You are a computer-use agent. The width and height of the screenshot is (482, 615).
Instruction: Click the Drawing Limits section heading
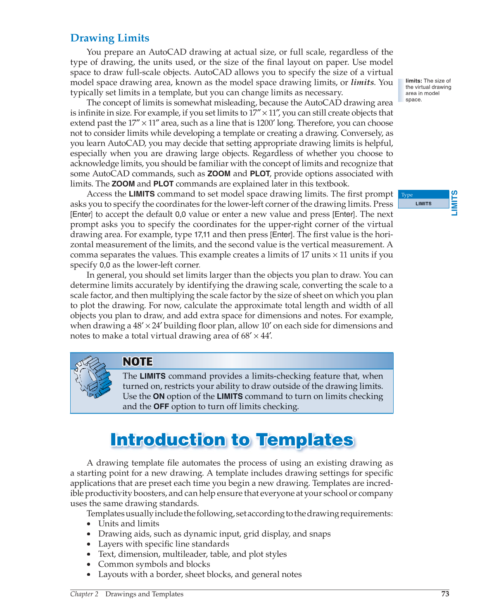coord(109,38)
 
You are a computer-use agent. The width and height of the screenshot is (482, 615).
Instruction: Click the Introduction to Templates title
coord(232,440)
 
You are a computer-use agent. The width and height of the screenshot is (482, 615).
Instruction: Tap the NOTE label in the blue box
coord(138,362)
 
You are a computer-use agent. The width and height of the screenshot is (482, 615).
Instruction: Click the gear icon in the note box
coord(93,377)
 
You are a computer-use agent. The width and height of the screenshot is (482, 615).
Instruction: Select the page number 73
coord(445,594)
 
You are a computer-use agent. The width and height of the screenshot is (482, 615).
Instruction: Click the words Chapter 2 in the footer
coord(84,594)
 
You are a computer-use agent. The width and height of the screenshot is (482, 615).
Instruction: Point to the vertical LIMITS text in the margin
coord(454,203)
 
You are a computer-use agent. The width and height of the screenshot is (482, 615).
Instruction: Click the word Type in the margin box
coord(407,195)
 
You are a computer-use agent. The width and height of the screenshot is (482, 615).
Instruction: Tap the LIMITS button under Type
coord(423,203)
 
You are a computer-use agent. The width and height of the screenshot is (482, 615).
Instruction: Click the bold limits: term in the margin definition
coord(413,81)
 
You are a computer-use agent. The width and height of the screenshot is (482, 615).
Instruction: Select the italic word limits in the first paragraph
coord(362,82)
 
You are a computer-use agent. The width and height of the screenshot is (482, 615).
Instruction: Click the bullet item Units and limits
coord(128,523)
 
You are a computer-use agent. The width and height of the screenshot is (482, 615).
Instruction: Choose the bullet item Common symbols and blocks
coord(154,564)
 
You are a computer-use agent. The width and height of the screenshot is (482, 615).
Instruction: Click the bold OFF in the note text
coord(161,407)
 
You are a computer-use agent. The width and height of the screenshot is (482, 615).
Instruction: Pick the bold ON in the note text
coord(159,396)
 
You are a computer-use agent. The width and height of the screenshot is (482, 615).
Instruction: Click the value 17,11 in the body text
coord(202,234)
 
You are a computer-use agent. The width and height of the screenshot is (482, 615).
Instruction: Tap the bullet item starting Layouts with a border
coord(200,574)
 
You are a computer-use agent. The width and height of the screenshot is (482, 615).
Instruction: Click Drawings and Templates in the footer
coord(144,594)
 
